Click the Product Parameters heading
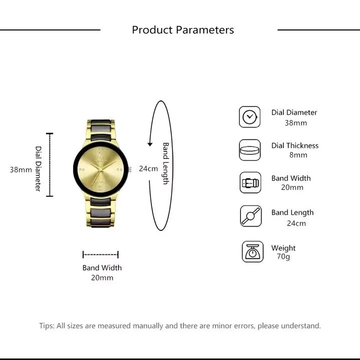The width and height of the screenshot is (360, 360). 183,30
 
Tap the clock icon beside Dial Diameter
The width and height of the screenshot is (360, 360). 250,117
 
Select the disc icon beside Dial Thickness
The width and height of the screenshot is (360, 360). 250,150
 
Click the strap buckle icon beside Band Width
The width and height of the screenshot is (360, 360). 250,182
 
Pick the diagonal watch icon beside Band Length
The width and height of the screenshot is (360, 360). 250,216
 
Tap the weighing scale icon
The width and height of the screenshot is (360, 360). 252,251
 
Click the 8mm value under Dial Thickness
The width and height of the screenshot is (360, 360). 298,155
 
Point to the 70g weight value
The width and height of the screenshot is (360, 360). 283,256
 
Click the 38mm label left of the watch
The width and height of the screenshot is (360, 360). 21,169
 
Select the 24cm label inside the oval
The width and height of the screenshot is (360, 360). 148,169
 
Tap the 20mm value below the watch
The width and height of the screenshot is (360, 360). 102,278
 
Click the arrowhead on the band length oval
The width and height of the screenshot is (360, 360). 150,144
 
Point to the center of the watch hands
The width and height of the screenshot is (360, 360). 101,169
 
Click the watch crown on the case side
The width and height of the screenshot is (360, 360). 129,169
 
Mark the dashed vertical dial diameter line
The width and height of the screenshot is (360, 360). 49,165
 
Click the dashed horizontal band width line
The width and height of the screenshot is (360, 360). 100,254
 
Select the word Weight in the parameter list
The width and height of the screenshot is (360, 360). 283,248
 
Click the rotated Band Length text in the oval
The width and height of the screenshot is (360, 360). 165,163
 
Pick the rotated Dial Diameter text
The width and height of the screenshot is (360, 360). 38,169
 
